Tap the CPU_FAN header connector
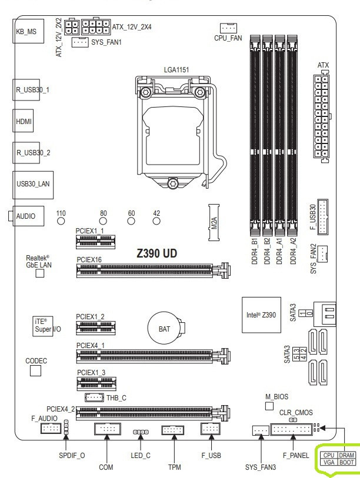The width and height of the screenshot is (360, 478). pos(228,28)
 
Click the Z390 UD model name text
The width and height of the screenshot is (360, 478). pos(157,253)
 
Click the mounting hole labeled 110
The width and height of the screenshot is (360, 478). pos(61,222)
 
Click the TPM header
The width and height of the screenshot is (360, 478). pos(172,431)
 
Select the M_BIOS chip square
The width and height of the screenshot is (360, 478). pos(270,406)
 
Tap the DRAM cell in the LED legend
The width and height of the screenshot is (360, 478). pos(347,456)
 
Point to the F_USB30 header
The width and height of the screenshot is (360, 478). pos(324,217)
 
